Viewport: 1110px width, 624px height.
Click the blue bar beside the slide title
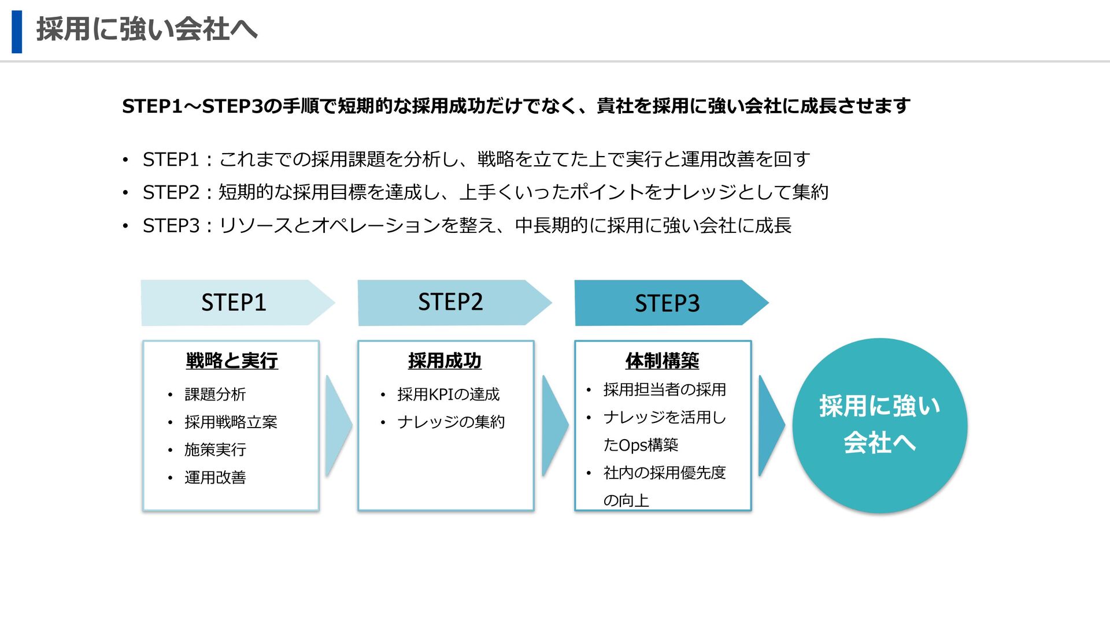[17, 32]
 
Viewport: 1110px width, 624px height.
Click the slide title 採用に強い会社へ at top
[147, 29]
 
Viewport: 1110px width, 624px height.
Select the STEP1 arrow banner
[234, 303]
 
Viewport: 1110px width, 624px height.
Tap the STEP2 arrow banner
[451, 302]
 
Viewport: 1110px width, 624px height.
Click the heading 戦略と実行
[232, 361]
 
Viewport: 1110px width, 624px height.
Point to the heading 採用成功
[445, 361]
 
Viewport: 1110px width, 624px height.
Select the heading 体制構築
[662, 361]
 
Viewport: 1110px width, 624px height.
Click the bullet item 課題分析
[215, 394]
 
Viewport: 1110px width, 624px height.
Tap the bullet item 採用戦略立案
[231, 422]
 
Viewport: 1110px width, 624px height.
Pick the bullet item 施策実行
[215, 450]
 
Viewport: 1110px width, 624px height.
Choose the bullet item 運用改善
[215, 477]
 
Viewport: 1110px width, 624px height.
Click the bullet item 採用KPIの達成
[448, 394]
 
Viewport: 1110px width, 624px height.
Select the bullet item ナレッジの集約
[451, 422]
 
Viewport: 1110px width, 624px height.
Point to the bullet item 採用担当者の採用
[664, 389]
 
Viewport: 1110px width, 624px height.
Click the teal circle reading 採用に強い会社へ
[879, 425]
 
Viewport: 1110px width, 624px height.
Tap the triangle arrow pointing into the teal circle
[770, 425]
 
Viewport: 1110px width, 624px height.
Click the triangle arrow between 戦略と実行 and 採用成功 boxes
[338, 425]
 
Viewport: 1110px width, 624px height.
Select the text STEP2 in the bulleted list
[171, 192]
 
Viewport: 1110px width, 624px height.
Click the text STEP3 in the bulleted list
[171, 225]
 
